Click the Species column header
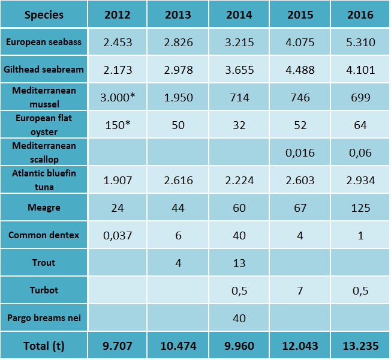click(x=44, y=14)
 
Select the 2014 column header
click(x=239, y=14)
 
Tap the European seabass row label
click(x=44, y=42)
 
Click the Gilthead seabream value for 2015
click(x=300, y=70)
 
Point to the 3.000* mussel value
click(x=118, y=98)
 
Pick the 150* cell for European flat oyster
click(x=118, y=125)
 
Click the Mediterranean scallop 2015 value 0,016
click(x=300, y=153)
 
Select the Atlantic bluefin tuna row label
click(x=44, y=180)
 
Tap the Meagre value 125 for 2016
click(x=361, y=208)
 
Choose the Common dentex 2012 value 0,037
click(x=118, y=235)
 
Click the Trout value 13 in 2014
click(x=239, y=263)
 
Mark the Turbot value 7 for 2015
click(x=300, y=290)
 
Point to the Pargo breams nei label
click(x=44, y=318)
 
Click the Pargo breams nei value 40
click(x=239, y=318)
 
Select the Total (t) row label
click(x=44, y=346)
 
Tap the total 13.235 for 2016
click(x=361, y=346)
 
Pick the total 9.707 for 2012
click(x=118, y=346)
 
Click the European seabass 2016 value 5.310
click(x=361, y=42)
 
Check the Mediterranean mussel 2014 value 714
click(x=239, y=98)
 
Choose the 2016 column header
click(x=361, y=14)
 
